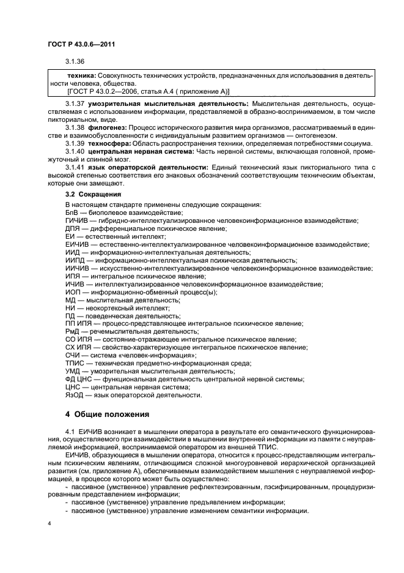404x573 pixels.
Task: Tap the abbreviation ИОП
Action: (x=73, y=292)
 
